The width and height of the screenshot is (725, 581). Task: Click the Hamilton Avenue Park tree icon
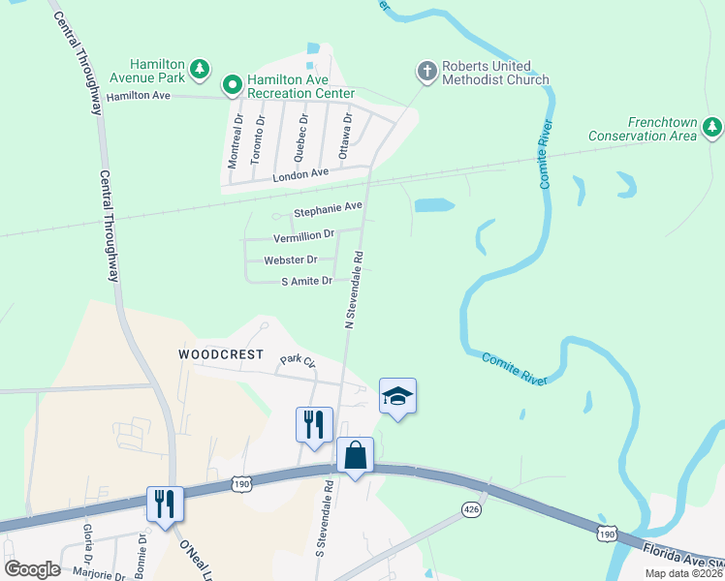(200, 68)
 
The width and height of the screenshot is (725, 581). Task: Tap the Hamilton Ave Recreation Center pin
(232, 86)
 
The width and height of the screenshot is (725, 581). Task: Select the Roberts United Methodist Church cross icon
(426, 71)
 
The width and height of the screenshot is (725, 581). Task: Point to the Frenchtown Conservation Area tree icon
(712, 127)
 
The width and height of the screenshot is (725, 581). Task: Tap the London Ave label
(300, 174)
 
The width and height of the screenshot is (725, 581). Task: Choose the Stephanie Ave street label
(328, 207)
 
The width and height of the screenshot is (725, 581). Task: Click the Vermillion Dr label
(304, 234)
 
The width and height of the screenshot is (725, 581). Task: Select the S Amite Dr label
(306, 281)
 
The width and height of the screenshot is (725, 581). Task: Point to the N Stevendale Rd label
(354, 290)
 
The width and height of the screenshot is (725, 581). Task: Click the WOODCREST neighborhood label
(221, 354)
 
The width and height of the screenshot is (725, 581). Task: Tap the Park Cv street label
(298, 361)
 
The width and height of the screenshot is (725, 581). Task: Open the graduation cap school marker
(397, 396)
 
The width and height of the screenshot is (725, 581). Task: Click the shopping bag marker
(356, 455)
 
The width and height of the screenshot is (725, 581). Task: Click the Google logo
(32, 569)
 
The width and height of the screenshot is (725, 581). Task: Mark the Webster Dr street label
(291, 260)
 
